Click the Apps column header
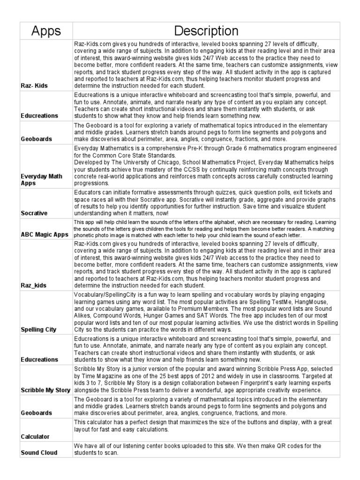[46, 31]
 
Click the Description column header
[206, 31]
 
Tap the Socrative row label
[34, 213]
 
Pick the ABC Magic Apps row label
[45, 234]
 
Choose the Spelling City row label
[38, 330]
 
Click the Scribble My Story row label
[45, 390]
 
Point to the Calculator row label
[35, 436]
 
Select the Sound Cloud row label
[39, 453]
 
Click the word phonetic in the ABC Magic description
[86, 234]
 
